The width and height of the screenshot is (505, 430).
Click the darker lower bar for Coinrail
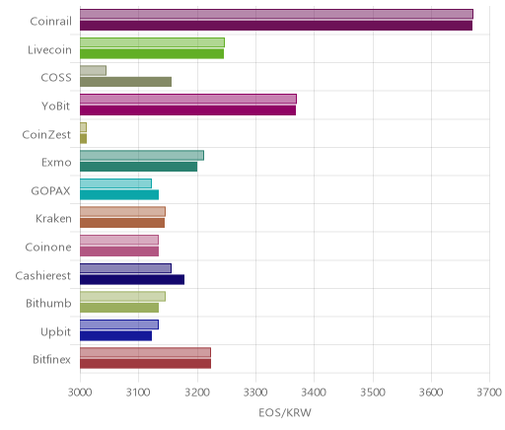pyautogui.click(x=276, y=26)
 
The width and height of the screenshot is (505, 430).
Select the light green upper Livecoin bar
pyautogui.click(x=152, y=42)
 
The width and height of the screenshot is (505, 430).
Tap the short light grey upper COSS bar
pyautogui.click(x=93, y=70)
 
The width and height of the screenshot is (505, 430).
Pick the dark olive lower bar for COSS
pyautogui.click(x=125, y=82)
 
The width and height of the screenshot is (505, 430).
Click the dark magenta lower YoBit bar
pyautogui.click(x=187, y=110)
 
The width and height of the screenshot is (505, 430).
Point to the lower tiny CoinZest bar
pyautogui.click(x=83, y=139)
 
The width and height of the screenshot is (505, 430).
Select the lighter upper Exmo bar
pyautogui.click(x=142, y=155)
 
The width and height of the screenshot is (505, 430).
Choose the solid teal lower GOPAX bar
pyautogui.click(x=119, y=195)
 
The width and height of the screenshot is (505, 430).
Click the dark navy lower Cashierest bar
pyautogui.click(x=132, y=280)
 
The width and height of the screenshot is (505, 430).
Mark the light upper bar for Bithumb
pyautogui.click(x=122, y=296)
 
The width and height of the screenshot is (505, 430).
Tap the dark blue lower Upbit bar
pyautogui.click(x=115, y=336)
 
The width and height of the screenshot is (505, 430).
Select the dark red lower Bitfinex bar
pyautogui.click(x=145, y=364)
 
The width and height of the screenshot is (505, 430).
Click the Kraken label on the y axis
pyautogui.click(x=53, y=219)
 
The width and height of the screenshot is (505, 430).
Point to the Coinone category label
pyautogui.click(x=48, y=247)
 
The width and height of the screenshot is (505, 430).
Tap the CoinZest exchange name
pyautogui.click(x=46, y=134)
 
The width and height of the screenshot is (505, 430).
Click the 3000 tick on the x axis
pyautogui.click(x=80, y=392)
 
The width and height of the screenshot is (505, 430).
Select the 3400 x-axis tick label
pyautogui.click(x=314, y=392)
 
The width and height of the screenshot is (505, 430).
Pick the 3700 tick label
pyautogui.click(x=489, y=392)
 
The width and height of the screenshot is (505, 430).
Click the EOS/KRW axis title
pyautogui.click(x=285, y=412)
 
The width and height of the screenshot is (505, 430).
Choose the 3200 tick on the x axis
pyautogui.click(x=197, y=392)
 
